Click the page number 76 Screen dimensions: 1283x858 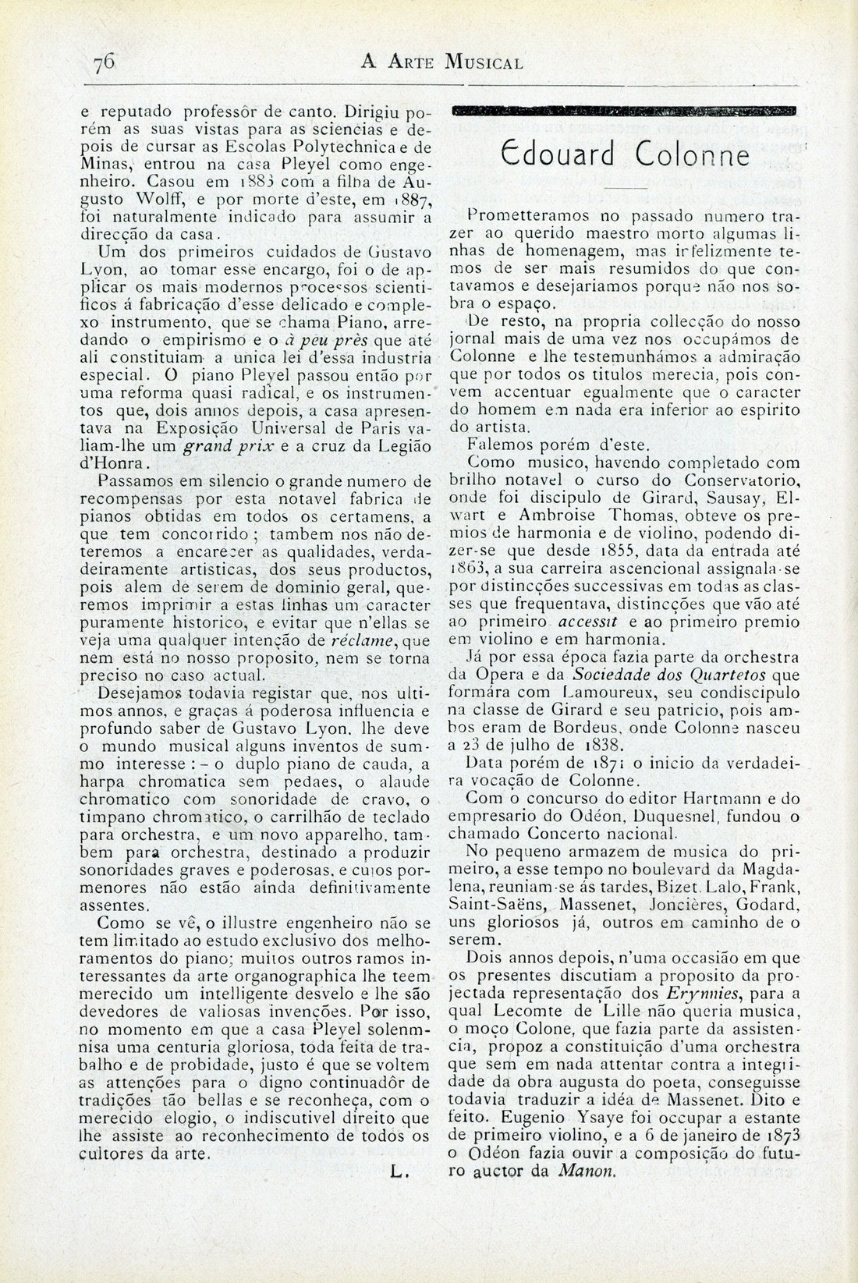[105, 62]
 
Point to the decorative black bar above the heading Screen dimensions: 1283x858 [624, 110]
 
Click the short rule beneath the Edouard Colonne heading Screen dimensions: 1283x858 [625, 190]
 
